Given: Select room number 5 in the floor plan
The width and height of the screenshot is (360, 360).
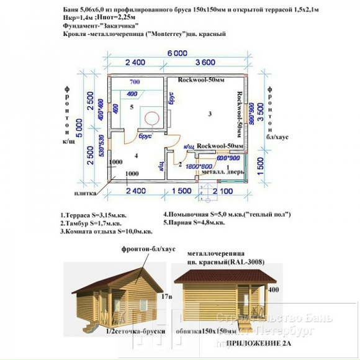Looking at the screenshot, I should [x=132, y=107].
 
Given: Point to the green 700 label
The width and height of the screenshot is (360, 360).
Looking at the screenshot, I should [x=135, y=82].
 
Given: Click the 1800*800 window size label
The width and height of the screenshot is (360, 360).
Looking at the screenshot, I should [x=198, y=167].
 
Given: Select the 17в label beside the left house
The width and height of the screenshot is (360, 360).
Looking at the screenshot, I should [x=164, y=297].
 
